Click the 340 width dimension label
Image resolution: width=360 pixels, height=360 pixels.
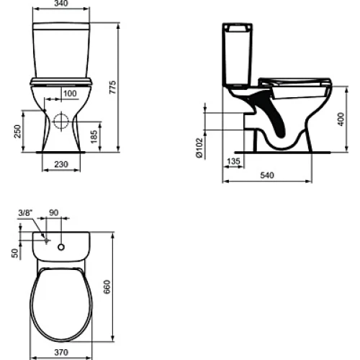pos(61,4)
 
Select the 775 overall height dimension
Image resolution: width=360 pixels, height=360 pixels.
pos(112,87)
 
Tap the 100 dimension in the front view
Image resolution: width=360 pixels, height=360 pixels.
pos(70,94)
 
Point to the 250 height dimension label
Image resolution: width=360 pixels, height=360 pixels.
pos(17,131)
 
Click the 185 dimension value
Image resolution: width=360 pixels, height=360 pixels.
pos(94,137)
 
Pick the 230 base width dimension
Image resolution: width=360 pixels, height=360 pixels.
pos(61,164)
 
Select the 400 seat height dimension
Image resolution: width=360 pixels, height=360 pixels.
pos(341,120)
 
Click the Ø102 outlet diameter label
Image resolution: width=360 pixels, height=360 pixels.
pos(199,148)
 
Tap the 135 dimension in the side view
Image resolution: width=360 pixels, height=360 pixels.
pos(233,161)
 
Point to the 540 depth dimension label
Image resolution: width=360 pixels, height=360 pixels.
pos(267,175)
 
